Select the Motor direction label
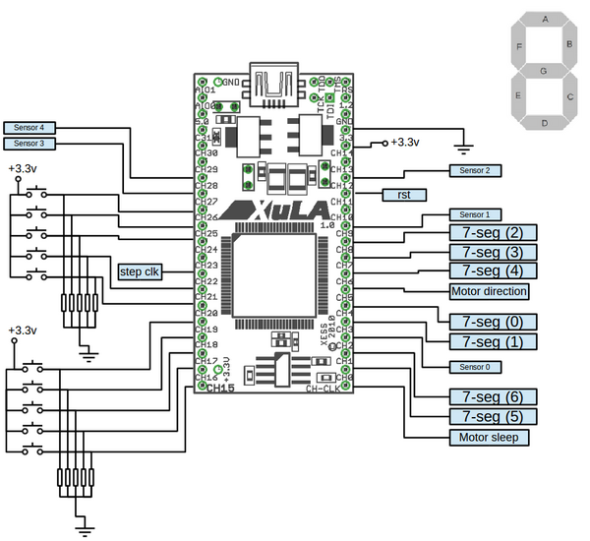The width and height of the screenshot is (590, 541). [x=489, y=291]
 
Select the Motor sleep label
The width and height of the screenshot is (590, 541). [x=489, y=437]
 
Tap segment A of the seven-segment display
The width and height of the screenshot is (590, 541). [x=544, y=20]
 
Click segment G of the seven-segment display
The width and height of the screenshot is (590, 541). [x=544, y=71]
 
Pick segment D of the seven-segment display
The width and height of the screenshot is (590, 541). [x=544, y=123]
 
